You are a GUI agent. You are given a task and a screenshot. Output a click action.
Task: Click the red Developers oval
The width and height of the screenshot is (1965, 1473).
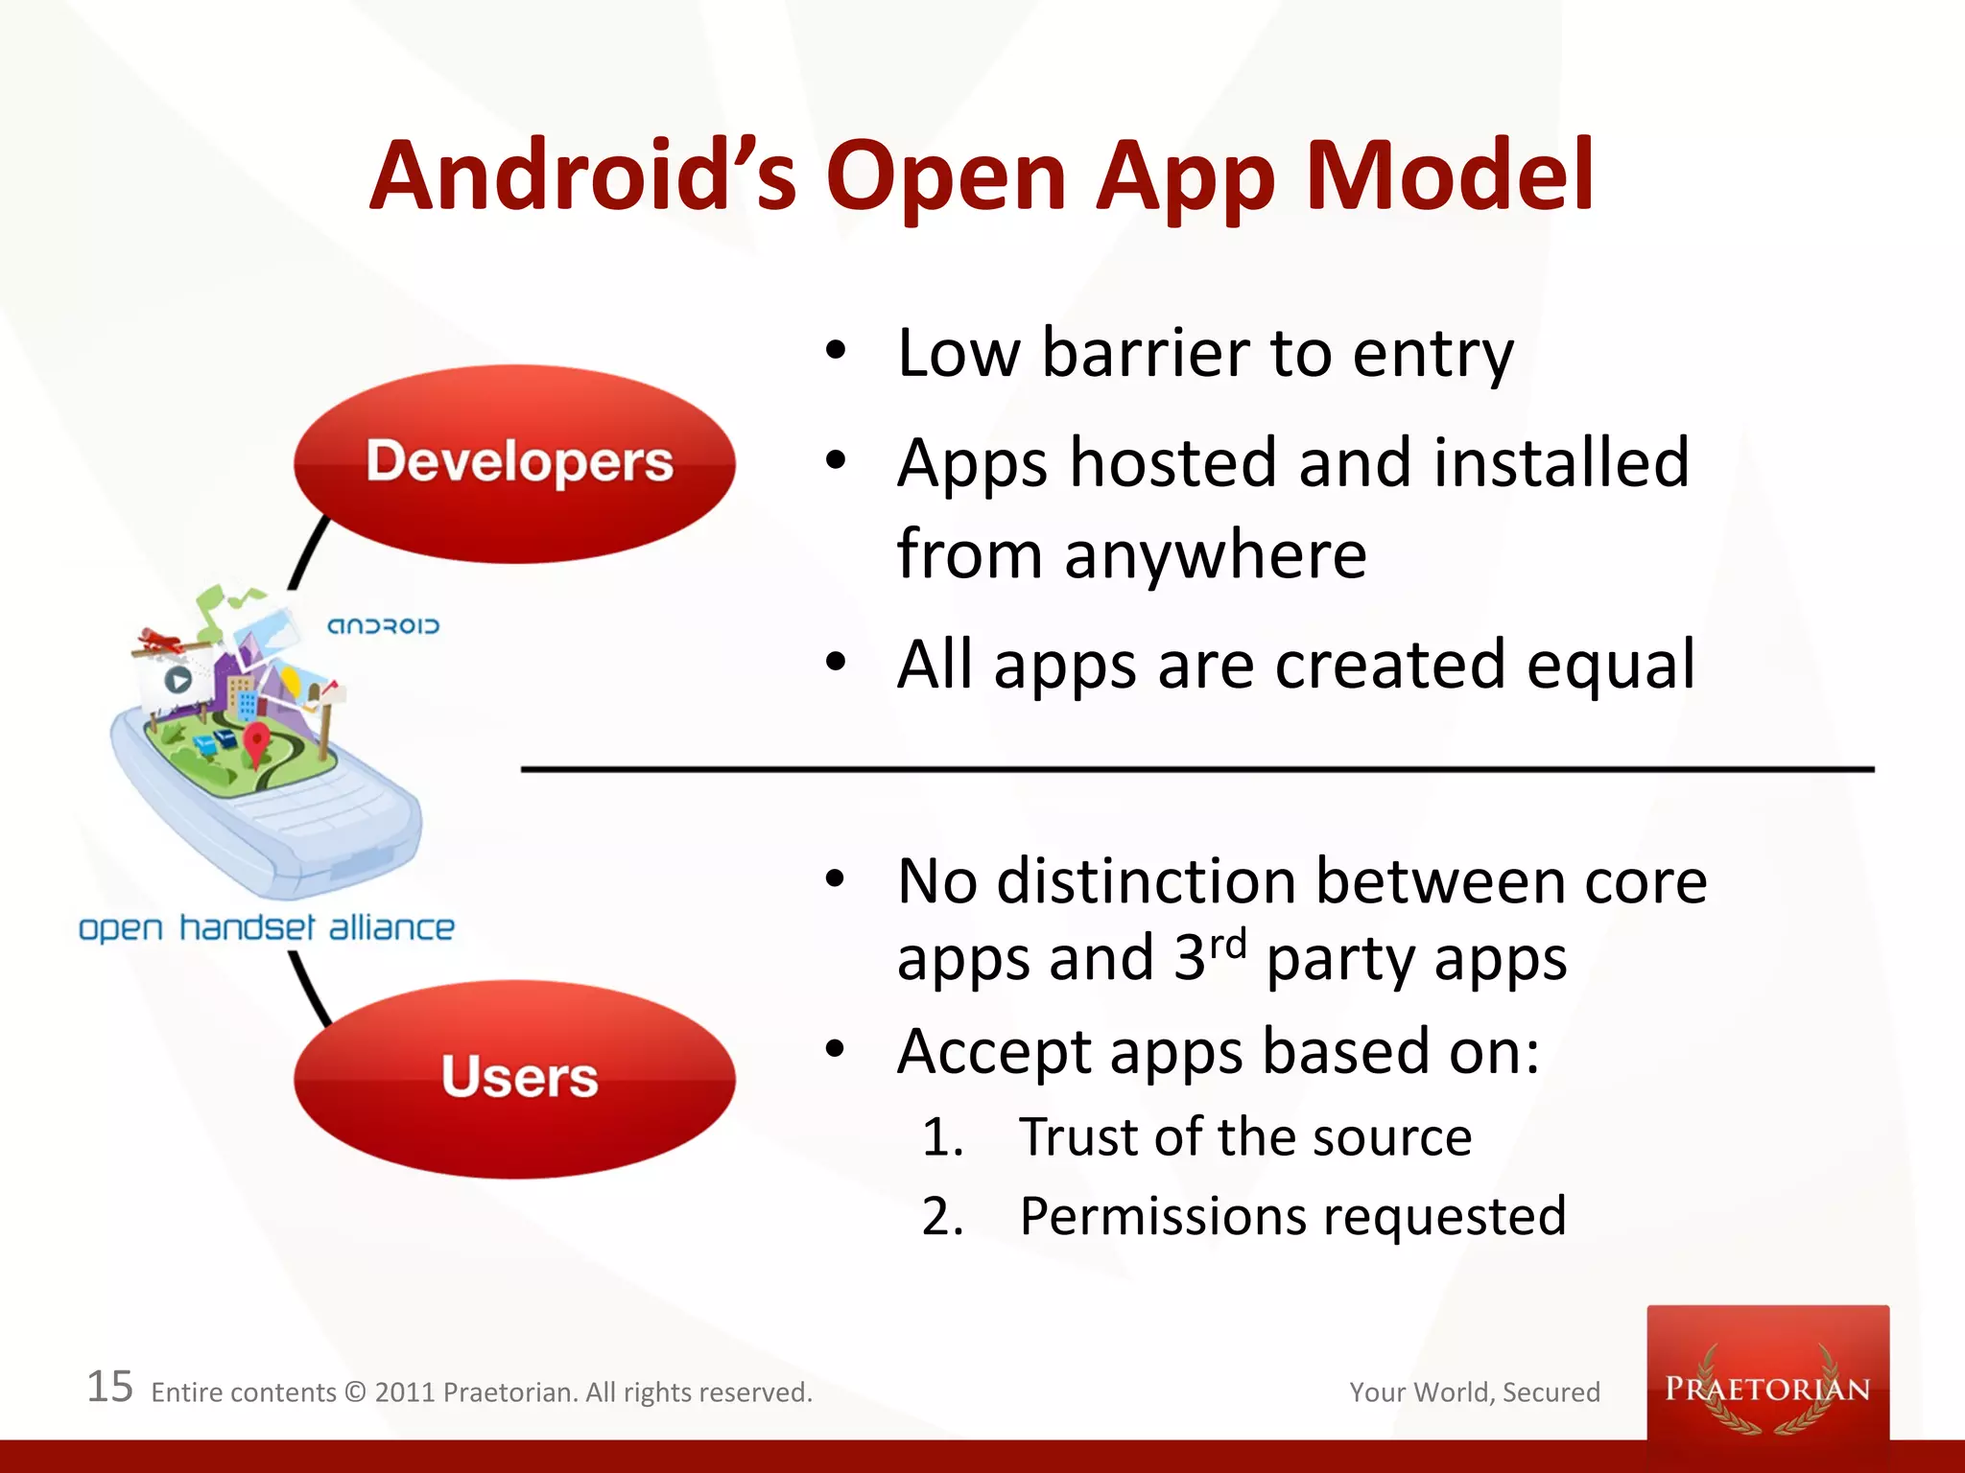515,463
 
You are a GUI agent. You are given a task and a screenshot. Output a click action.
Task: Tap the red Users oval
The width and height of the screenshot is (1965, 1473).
515,1078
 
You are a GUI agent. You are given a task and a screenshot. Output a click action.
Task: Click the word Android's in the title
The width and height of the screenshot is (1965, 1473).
582,175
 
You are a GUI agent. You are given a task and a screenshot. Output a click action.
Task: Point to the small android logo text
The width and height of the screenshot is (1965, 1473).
383,626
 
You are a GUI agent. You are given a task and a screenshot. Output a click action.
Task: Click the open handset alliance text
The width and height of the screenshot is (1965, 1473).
266,927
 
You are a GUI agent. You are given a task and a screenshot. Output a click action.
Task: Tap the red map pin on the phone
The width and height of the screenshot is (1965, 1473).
256,741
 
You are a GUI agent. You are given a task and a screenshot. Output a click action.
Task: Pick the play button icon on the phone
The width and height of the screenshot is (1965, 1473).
178,681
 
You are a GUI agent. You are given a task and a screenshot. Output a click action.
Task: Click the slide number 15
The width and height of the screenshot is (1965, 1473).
109,1387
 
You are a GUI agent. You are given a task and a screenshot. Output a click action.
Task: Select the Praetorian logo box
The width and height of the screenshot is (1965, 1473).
1767,1373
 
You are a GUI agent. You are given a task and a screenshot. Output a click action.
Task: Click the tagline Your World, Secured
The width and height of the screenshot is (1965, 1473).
1475,1391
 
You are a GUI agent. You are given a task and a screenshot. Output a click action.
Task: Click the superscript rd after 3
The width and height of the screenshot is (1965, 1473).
1227,946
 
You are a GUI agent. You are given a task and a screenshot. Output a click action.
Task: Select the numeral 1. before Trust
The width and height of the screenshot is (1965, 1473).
942,1138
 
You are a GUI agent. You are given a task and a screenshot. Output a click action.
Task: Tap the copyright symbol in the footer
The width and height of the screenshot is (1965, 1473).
356,1392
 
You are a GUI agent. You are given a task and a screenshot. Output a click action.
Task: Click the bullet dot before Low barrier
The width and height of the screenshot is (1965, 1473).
836,351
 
